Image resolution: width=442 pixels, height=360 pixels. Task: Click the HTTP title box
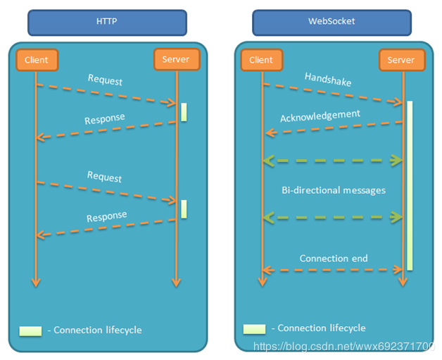[107, 22]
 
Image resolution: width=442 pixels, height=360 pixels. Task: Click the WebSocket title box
[331, 22]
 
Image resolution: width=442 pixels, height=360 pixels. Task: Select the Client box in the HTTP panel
[36, 60]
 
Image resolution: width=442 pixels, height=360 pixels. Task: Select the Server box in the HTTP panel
[175, 60]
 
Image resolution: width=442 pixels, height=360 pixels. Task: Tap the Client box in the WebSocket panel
[261, 60]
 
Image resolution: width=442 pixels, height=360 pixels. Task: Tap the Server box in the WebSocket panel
[401, 60]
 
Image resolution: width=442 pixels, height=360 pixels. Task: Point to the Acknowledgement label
[320, 115]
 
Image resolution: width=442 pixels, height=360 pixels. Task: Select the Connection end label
[334, 259]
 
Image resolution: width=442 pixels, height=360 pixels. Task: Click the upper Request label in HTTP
[105, 80]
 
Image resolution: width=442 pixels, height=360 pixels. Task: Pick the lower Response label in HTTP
[107, 216]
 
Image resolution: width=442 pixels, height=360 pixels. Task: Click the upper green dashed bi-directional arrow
[332, 161]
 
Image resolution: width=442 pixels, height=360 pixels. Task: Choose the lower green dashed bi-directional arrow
[332, 218]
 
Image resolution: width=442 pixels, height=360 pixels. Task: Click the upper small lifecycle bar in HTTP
[184, 112]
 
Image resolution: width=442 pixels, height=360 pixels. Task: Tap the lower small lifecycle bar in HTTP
[184, 209]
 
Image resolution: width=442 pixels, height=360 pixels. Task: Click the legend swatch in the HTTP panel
[30, 330]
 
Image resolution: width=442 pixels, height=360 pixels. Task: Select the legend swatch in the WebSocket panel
[254, 329]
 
